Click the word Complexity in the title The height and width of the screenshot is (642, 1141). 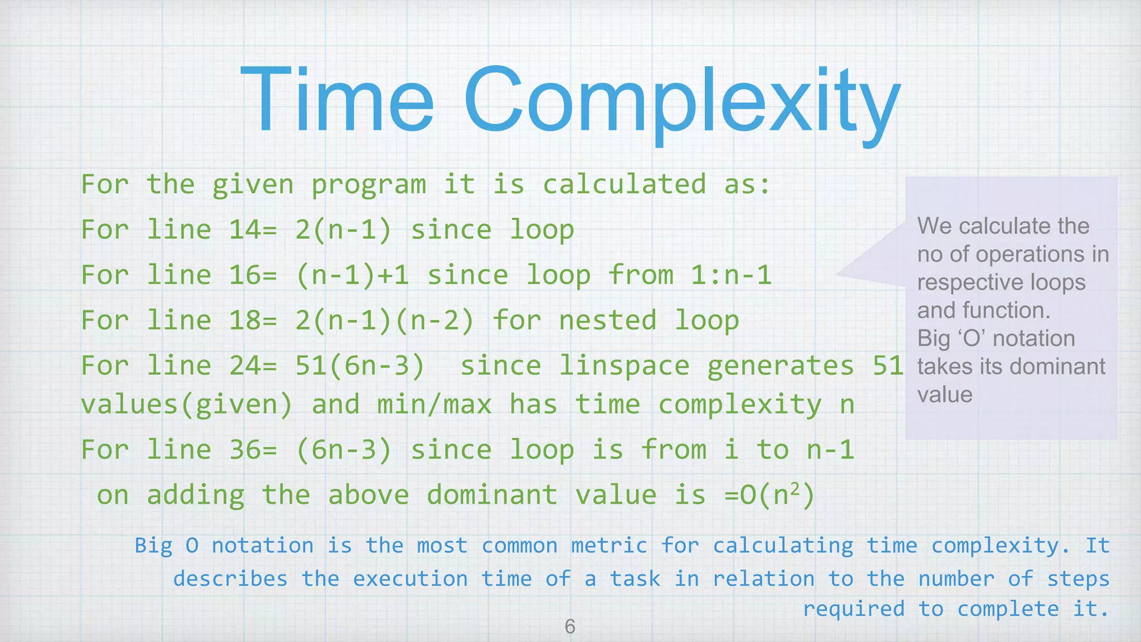(682, 103)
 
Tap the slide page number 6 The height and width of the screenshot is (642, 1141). (569, 626)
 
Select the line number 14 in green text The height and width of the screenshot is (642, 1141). (244, 230)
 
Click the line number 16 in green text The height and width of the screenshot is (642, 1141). (244, 275)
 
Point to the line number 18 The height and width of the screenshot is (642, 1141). (244, 320)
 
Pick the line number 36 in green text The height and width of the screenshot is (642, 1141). (244, 450)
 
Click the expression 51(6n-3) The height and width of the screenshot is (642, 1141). (360, 366)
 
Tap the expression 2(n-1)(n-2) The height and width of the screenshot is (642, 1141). (384, 320)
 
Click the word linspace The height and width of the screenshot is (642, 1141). (624, 366)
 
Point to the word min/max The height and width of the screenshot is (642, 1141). (434, 405)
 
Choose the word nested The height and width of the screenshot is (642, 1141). (607, 320)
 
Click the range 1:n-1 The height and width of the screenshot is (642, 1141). (731, 275)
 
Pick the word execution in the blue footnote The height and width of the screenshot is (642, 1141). (410, 578)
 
